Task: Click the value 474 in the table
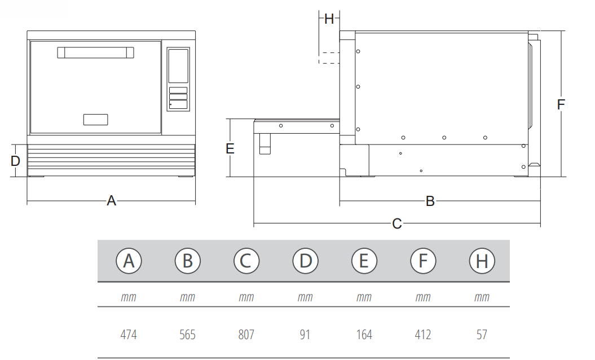pyautogui.click(x=129, y=335)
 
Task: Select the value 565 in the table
pyautogui.click(x=187, y=335)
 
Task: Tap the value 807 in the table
pyautogui.click(x=246, y=335)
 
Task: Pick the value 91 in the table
pyautogui.click(x=305, y=335)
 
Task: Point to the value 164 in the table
pyautogui.click(x=364, y=335)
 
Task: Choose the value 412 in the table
pyautogui.click(x=423, y=335)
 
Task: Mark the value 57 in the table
pyautogui.click(x=482, y=335)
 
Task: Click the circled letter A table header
pyautogui.click(x=129, y=261)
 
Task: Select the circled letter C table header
pyautogui.click(x=246, y=261)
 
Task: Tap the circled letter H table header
pyautogui.click(x=482, y=261)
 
